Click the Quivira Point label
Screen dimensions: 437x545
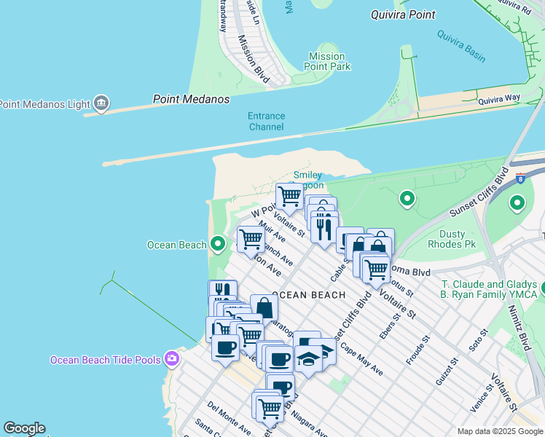pyautogui.click(x=403, y=15)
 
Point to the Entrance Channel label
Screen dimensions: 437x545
pyautogui.click(x=266, y=121)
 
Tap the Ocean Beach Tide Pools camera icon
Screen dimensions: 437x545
pyautogui.click(x=171, y=359)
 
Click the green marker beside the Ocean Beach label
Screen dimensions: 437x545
pyautogui.click(x=217, y=244)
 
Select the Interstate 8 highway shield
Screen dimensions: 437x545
pyautogui.click(x=519, y=177)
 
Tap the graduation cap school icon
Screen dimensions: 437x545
pyautogui.click(x=310, y=359)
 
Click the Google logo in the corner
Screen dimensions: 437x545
pyautogui.click(x=23, y=428)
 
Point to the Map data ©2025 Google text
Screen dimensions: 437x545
pyautogui.click(x=500, y=431)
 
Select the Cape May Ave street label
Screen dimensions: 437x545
pyautogui.click(x=361, y=359)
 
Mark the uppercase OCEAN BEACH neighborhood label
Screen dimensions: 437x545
pyautogui.click(x=308, y=295)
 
